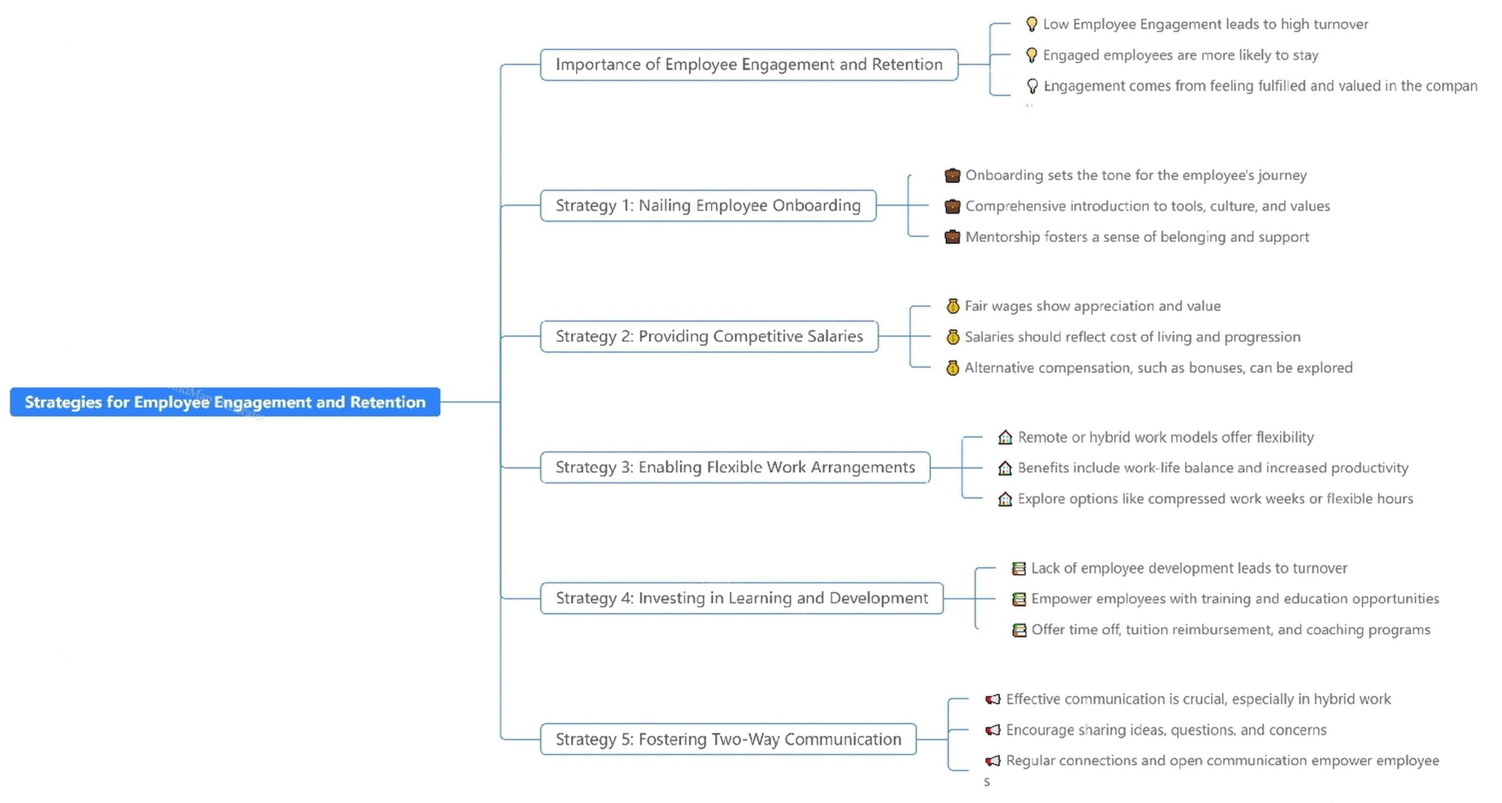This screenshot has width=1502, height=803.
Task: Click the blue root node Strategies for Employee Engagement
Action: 225,402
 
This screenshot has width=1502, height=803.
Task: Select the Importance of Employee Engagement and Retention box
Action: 749,65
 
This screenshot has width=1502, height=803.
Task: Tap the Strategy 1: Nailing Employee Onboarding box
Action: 708,205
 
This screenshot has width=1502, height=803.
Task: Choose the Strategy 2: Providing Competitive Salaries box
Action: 709,336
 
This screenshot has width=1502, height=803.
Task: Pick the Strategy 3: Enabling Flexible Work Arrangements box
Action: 735,467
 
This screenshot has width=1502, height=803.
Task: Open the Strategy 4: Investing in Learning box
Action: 742,598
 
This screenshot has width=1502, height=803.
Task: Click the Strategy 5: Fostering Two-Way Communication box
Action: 728,739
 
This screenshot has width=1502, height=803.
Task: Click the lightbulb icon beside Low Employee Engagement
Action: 1031,24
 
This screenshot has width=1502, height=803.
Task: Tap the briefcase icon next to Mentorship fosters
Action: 952,237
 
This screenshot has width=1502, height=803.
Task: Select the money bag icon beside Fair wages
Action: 953,306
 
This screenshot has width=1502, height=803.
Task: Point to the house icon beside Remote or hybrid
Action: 1005,438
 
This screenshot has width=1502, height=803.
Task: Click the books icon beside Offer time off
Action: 1019,630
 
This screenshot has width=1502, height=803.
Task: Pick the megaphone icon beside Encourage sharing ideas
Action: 993,730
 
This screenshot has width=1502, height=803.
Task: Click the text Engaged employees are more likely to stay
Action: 1180,55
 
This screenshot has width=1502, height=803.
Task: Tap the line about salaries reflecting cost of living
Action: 1132,337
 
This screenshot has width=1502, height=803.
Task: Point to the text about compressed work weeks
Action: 1215,499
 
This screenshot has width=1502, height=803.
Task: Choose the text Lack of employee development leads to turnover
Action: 1189,568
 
